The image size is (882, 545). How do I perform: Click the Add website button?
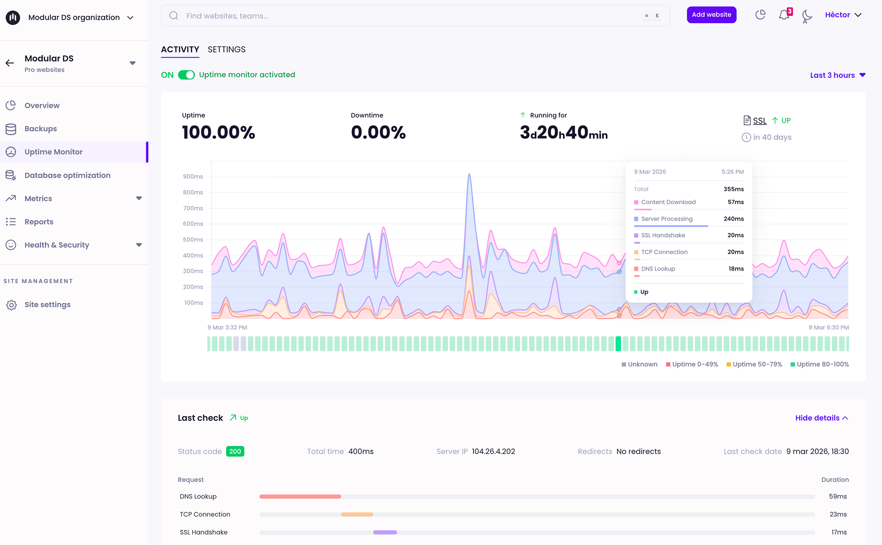coord(711,15)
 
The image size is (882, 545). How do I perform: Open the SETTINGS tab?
coord(227,50)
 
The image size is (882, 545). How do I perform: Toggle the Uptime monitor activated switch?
coord(186,75)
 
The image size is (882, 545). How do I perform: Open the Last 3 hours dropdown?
coord(837,75)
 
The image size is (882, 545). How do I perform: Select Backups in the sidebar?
coord(40,129)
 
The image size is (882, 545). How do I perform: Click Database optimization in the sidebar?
coord(67,175)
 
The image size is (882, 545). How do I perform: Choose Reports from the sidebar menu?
coord(39,222)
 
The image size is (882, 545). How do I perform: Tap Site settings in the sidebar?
coord(47,305)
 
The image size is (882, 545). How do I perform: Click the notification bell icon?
coord(784,15)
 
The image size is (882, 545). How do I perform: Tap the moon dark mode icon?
coord(807,16)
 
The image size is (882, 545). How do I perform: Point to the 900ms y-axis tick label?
coord(193,177)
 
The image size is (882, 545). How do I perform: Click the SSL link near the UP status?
coord(760,121)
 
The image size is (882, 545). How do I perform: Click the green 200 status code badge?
coord(235,452)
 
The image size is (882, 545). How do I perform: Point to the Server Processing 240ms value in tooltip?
coord(733,219)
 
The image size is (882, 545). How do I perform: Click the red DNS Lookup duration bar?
coord(300,497)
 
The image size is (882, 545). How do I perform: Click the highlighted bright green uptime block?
coord(618,344)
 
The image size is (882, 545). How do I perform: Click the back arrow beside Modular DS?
coord(10,63)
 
